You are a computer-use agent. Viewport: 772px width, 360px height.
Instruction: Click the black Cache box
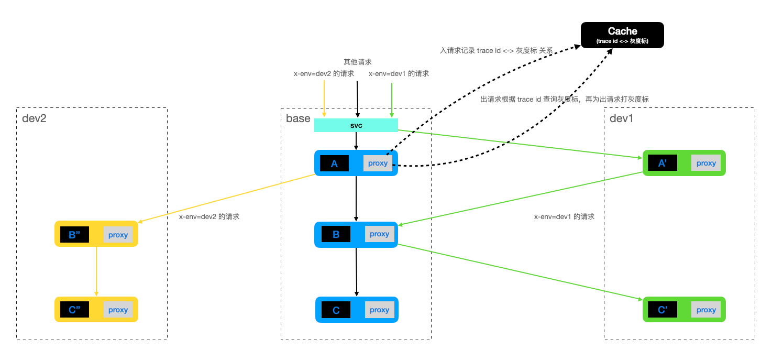point(622,35)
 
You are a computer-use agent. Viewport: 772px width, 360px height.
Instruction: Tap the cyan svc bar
point(356,125)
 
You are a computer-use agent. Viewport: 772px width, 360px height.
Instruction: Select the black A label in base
point(334,163)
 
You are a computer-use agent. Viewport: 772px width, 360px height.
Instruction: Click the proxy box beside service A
point(378,163)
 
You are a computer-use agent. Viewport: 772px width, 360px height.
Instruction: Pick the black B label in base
point(336,234)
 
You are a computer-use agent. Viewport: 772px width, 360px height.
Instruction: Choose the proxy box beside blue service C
point(379,310)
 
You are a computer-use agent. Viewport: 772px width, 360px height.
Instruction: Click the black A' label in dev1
point(662,163)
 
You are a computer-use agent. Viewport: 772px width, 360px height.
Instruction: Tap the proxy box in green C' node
point(706,310)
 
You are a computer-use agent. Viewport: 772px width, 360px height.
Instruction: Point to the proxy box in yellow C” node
point(118,310)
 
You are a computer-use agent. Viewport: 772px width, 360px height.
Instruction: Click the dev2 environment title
point(35,118)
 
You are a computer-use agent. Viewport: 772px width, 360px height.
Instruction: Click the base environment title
point(298,118)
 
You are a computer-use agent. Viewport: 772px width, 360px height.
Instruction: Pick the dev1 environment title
point(622,118)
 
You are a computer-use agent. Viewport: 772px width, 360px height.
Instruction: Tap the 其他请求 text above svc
point(358,62)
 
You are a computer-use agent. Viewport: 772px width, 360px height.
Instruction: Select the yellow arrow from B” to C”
point(96,271)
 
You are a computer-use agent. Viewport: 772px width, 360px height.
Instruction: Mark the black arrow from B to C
point(357,271)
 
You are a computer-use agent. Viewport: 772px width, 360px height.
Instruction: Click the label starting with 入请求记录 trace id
point(497,51)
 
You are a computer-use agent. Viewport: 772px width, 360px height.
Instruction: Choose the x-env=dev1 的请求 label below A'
point(564,216)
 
